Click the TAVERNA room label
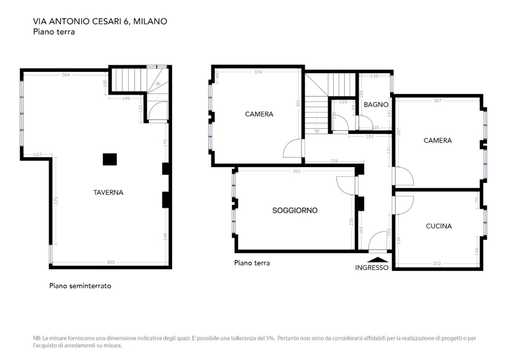108,192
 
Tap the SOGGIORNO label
294,210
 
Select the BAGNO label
376,104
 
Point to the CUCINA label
439,226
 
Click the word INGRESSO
372,268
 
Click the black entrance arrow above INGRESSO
378,259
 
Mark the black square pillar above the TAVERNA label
110,159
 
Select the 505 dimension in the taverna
111,262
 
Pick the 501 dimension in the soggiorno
297,171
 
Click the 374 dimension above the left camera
258,72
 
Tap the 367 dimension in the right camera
438,101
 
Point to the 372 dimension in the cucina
437,264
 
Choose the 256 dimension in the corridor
334,161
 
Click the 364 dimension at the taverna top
66,75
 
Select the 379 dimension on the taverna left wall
56,201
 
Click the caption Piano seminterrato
80,286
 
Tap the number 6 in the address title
127,21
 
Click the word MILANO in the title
150,21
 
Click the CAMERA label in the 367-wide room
438,140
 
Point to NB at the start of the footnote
37,338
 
